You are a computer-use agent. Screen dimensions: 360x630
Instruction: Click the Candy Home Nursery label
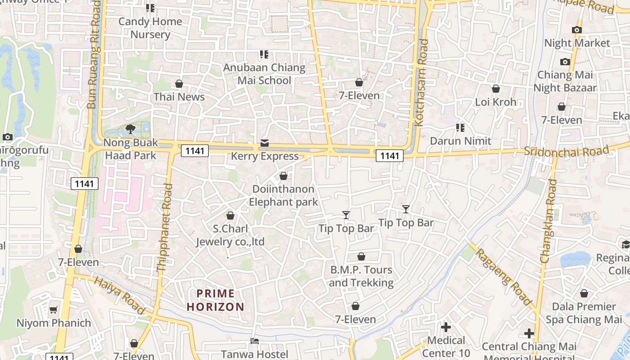pyautogui.click(x=150, y=28)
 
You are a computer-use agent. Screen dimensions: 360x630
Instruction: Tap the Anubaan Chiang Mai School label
pyautogui.click(x=264, y=74)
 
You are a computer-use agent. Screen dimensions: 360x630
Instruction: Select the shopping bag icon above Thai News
pyautogui.click(x=179, y=84)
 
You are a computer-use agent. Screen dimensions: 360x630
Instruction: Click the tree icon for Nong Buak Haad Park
pyautogui.click(x=130, y=130)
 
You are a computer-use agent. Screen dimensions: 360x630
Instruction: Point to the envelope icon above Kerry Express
pyautogui.click(x=264, y=143)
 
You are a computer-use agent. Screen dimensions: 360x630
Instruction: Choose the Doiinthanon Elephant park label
pyautogui.click(x=283, y=195)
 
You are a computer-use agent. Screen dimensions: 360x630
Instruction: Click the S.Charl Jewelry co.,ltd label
pyautogui.click(x=230, y=235)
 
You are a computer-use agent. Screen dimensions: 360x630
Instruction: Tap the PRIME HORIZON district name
pyautogui.click(x=216, y=300)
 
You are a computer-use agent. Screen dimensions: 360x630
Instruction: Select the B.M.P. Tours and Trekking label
pyautogui.click(x=361, y=276)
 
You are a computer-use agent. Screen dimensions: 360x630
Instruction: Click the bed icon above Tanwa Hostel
pyautogui.click(x=255, y=341)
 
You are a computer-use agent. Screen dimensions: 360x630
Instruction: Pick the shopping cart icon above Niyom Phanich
pyautogui.click(x=54, y=310)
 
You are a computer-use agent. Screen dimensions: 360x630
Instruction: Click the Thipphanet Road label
pyautogui.click(x=164, y=228)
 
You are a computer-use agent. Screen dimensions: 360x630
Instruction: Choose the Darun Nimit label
pyautogui.click(x=460, y=141)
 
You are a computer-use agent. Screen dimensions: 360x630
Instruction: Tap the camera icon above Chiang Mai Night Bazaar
pyautogui.click(x=565, y=62)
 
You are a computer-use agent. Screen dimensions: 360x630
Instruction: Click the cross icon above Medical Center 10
pyautogui.click(x=446, y=327)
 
